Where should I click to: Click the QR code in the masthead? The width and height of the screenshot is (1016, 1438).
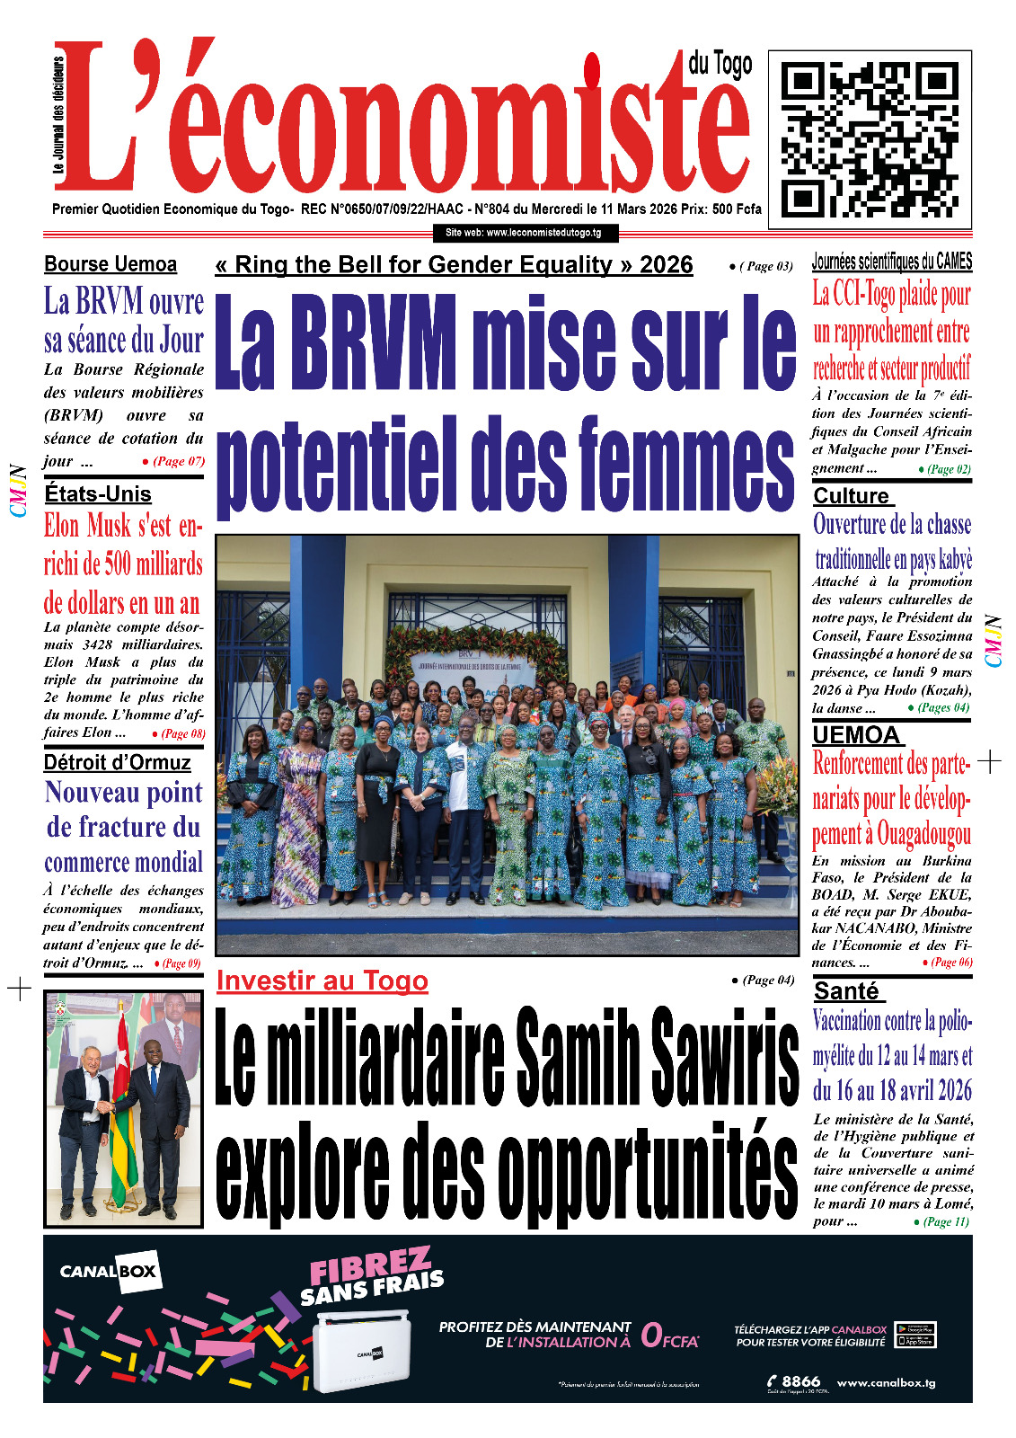[x=870, y=138]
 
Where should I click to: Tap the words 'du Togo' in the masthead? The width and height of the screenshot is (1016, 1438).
[x=720, y=65]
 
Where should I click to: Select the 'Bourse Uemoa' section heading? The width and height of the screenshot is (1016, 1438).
[x=110, y=264]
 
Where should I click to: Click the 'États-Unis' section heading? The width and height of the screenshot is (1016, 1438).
[x=98, y=493]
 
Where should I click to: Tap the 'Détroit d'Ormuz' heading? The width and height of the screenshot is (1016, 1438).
[x=117, y=763]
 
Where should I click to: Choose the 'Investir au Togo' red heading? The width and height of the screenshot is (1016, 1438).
[x=322, y=981]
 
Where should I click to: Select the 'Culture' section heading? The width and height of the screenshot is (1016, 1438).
[x=851, y=496]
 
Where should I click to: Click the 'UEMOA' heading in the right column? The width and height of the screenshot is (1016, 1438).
[x=855, y=735]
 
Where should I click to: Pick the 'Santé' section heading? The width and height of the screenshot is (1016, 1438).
[x=846, y=990]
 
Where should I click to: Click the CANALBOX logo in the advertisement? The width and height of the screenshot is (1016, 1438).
[x=109, y=1272]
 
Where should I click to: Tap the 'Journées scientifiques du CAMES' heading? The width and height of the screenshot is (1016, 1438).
[x=891, y=262]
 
